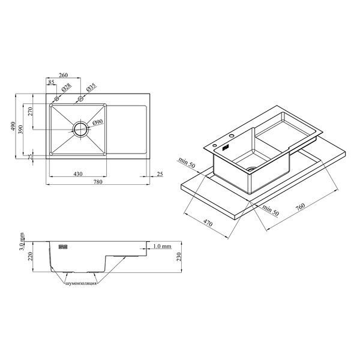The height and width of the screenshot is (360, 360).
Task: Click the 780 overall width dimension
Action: pos(98,182)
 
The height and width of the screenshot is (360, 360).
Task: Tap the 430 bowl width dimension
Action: pos(78,174)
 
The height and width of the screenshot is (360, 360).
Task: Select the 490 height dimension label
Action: pos(13,126)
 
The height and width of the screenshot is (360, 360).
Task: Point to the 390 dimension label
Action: pos(20,130)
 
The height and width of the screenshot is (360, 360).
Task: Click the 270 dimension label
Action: pos(31,112)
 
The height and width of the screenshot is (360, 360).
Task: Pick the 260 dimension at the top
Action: pos(64,75)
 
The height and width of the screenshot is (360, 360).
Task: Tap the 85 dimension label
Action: pos(51,82)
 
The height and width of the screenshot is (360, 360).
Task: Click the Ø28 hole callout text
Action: pos(67,88)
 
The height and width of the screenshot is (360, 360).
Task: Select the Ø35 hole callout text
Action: pos(91,88)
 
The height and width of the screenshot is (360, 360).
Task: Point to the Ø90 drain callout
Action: pos(98,122)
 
